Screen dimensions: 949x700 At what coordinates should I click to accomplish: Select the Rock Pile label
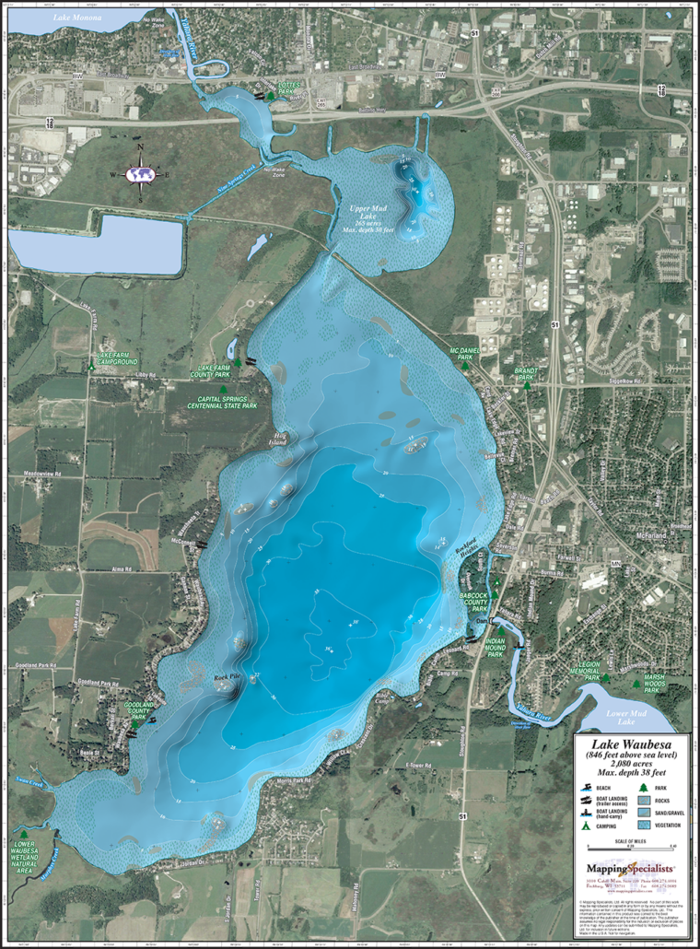pyautogui.click(x=227, y=677)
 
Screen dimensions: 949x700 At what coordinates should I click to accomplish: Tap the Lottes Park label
pyautogui.click(x=290, y=88)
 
